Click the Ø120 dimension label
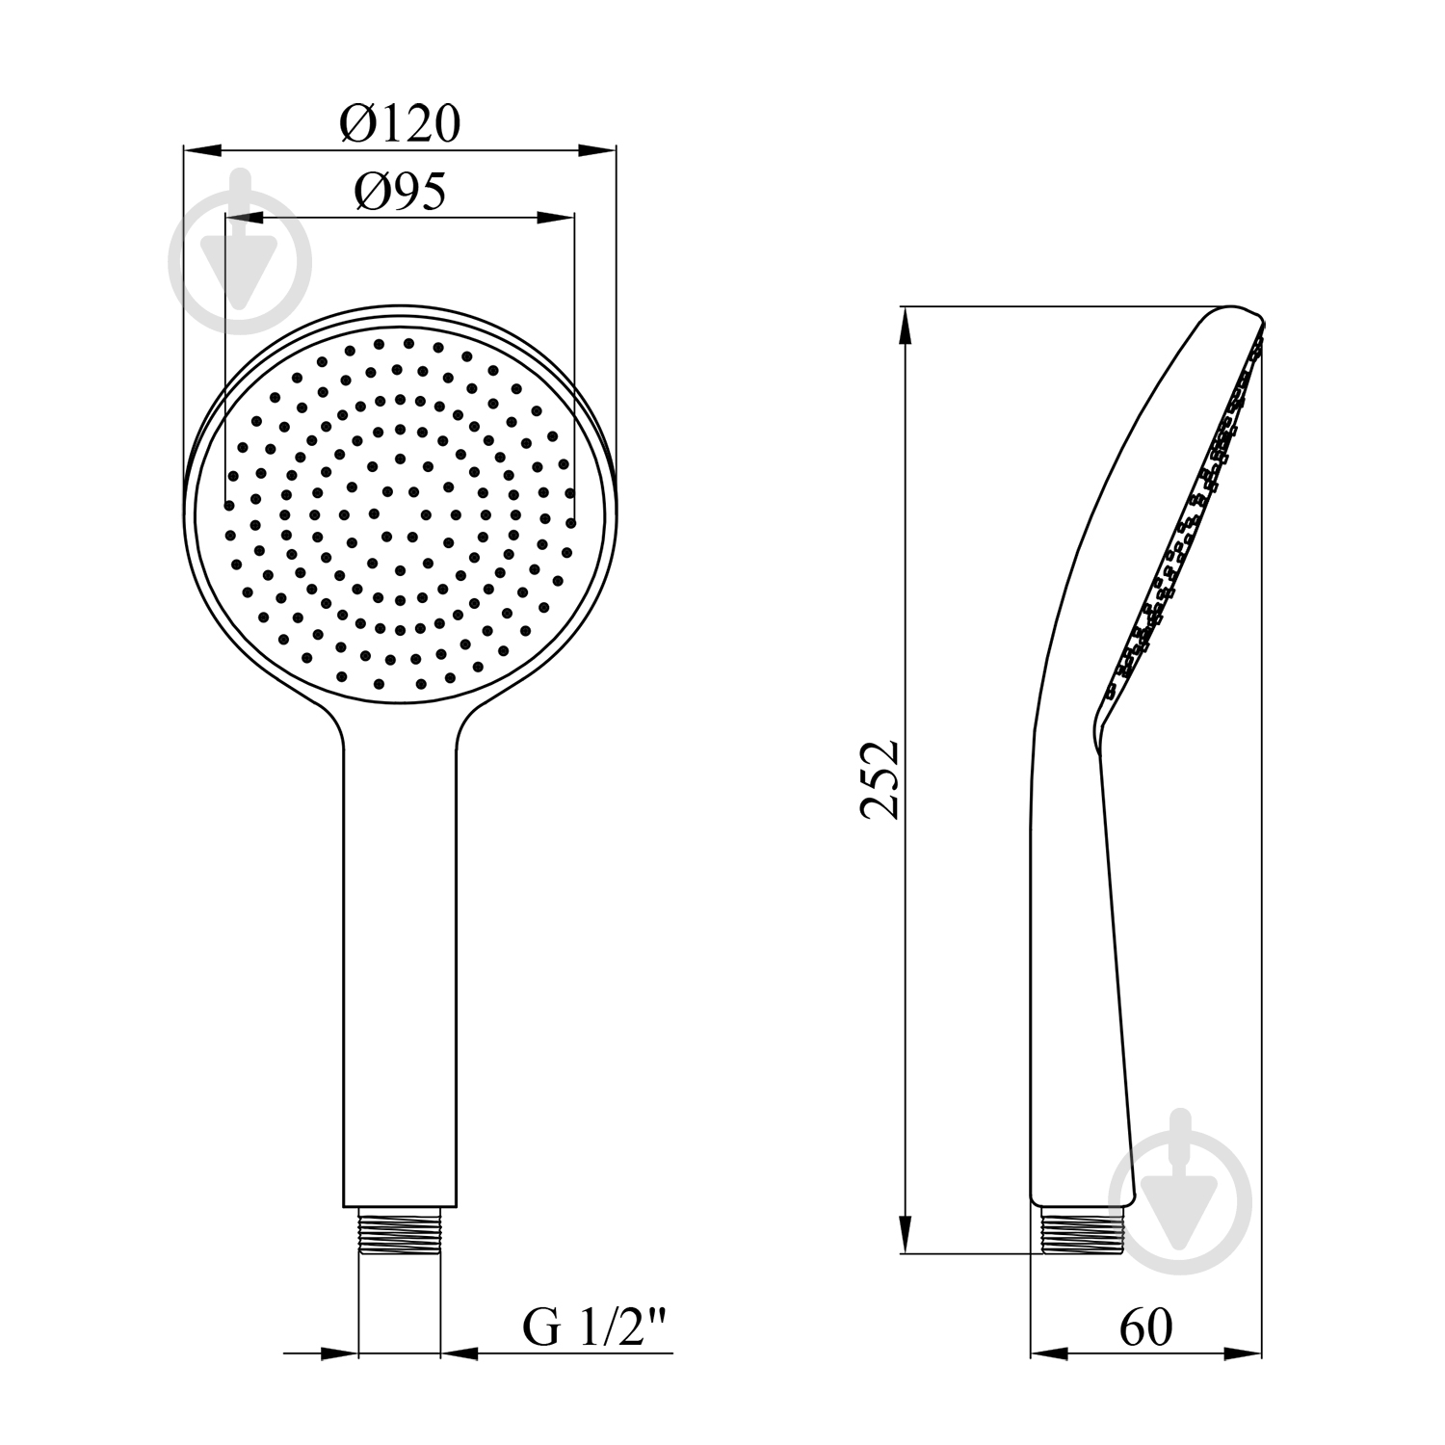pos(400,123)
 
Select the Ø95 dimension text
pos(401,193)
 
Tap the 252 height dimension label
pos(880,779)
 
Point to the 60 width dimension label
pos(1146,1327)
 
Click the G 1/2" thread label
pos(594,1328)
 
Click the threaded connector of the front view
pos(400,1231)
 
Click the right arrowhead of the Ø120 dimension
pos(596,150)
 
